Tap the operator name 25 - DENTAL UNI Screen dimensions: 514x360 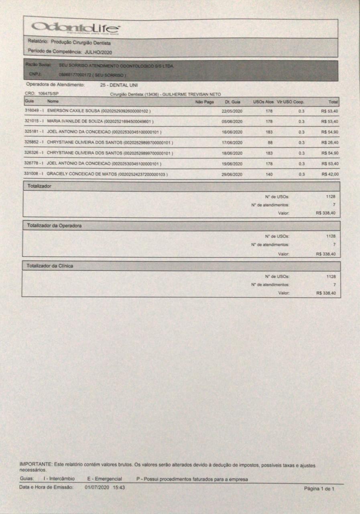[119, 85]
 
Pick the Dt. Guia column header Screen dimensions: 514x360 [233, 102]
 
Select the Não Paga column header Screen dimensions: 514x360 [204, 102]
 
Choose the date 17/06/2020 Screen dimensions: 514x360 [232, 142]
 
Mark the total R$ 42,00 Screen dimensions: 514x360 [330, 174]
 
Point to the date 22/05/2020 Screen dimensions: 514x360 [232, 110]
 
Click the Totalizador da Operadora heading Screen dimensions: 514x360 [54, 226]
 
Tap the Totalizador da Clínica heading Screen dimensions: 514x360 [50, 266]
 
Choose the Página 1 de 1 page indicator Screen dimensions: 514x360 [319, 489]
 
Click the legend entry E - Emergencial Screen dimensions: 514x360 [104, 479]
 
